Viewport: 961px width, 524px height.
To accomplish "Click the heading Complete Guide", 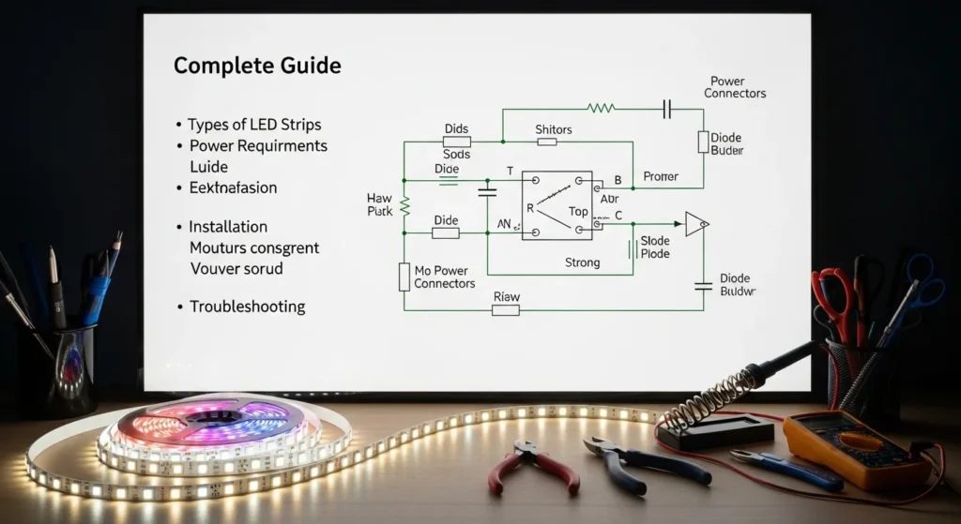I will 256,67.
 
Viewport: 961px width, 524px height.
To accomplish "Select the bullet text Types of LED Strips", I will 254,125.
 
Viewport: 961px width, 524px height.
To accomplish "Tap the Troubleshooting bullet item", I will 247,307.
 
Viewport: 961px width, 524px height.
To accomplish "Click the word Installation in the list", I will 228,227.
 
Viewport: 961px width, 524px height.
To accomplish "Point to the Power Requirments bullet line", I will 258,146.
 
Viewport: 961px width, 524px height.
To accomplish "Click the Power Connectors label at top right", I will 735,87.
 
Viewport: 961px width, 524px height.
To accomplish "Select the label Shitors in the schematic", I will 553,129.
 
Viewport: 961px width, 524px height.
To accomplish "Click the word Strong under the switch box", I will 582,262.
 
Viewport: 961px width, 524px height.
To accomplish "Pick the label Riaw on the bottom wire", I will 507,297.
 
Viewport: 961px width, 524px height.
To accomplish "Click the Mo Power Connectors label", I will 444,277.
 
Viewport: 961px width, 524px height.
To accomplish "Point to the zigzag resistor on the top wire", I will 601,108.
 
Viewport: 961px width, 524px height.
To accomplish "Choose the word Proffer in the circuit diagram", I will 660,176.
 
